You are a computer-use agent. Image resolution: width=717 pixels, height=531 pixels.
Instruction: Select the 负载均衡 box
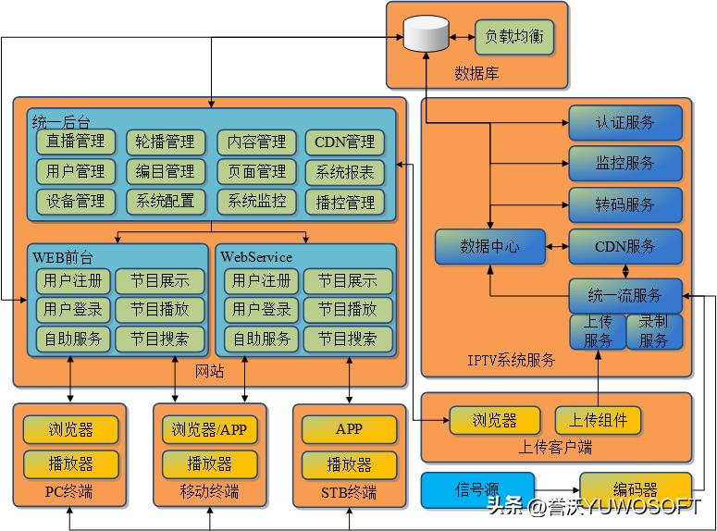click(x=514, y=38)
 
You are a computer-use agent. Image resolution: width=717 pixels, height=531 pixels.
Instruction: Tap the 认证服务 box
click(x=625, y=122)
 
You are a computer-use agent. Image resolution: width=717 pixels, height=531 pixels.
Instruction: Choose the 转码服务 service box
click(x=625, y=204)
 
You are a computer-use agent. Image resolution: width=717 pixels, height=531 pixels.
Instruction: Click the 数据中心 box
click(x=489, y=247)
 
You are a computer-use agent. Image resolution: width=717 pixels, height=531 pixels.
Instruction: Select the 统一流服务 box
click(x=625, y=296)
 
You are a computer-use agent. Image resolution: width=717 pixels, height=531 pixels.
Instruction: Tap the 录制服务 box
click(x=654, y=331)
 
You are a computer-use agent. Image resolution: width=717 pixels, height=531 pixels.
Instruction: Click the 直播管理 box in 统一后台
click(x=76, y=142)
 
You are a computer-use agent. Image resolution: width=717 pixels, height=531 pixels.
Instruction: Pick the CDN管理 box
click(x=345, y=142)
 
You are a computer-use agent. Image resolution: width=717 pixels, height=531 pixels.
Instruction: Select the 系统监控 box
click(x=257, y=201)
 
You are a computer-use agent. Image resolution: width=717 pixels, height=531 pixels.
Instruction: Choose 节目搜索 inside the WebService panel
click(x=348, y=339)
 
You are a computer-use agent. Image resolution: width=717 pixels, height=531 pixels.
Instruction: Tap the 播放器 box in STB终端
click(x=349, y=463)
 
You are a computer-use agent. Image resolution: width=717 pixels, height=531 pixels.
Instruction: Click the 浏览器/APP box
click(x=210, y=429)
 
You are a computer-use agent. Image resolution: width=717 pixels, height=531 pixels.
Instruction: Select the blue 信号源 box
click(x=477, y=489)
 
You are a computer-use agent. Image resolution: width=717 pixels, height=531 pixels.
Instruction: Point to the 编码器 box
click(x=635, y=489)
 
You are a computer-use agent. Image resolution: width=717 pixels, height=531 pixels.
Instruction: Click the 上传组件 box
click(x=598, y=420)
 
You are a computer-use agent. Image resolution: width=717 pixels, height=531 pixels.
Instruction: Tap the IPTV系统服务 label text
click(x=512, y=360)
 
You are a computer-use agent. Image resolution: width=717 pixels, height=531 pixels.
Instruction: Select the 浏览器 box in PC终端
click(x=71, y=429)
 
